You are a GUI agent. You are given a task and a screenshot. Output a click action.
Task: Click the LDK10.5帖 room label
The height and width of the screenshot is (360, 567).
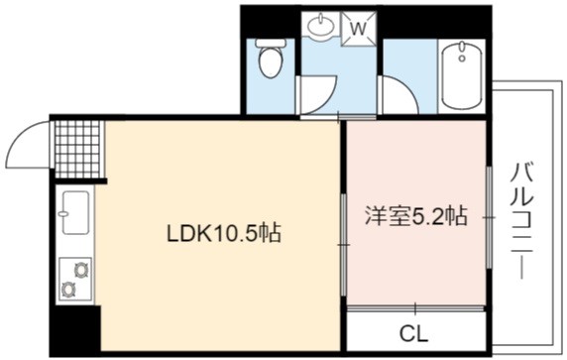pyautogui.click(x=223, y=233)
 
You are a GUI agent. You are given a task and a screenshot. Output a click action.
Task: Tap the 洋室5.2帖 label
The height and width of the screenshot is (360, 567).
pyautogui.click(x=416, y=216)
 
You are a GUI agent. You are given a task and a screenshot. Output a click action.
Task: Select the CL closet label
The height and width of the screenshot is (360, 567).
pyautogui.click(x=413, y=333)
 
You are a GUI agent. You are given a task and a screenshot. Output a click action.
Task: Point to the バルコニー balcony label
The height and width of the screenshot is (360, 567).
pyautogui.click(x=521, y=221)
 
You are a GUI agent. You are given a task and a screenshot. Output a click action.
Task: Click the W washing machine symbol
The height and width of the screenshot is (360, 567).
pyautogui.click(x=359, y=29)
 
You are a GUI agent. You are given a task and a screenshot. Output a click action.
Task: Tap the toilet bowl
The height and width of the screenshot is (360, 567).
pyautogui.click(x=271, y=59)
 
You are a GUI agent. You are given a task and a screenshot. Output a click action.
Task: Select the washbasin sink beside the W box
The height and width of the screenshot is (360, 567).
pyautogui.click(x=320, y=25)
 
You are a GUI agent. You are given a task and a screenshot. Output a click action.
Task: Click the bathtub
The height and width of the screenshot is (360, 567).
pyautogui.click(x=462, y=75)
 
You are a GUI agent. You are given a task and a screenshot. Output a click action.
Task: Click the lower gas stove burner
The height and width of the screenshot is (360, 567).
pyautogui.click(x=68, y=289)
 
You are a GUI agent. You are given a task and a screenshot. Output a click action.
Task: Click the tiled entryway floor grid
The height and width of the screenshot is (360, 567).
pyautogui.click(x=77, y=149)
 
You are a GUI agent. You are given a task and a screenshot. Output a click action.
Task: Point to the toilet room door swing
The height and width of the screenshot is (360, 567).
pyautogui.click(x=317, y=95)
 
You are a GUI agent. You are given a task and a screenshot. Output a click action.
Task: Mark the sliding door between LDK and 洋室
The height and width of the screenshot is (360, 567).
pyautogui.click(x=344, y=245)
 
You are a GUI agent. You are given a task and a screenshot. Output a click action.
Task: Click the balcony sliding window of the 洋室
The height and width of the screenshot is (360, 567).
pyautogui.click(x=489, y=217)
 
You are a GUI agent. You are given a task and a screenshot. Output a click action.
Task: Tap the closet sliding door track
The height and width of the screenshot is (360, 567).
pyautogui.click(x=415, y=308)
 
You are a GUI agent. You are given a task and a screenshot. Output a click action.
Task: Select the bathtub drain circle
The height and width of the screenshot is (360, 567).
pyautogui.click(x=461, y=58)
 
